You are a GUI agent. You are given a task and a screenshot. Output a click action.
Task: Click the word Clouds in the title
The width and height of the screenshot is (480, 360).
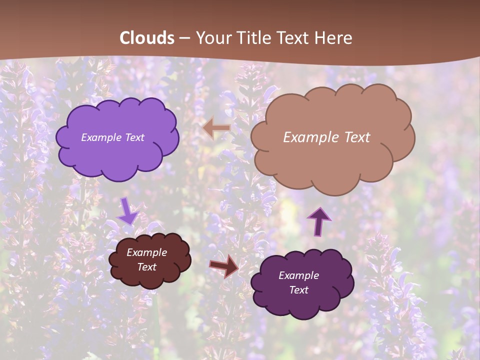tap(147, 38)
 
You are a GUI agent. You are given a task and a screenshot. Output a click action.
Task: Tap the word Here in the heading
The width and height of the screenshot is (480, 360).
tap(333, 38)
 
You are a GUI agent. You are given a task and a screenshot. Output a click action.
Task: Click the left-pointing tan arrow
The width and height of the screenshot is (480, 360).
tap(217, 128)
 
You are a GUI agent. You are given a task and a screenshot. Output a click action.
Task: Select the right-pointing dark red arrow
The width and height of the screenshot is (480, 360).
tap(224, 266)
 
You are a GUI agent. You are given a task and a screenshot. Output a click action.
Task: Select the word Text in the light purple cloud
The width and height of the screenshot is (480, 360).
tap(134, 137)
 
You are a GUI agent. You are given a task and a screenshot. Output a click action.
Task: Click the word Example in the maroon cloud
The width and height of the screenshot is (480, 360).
tap(146, 252)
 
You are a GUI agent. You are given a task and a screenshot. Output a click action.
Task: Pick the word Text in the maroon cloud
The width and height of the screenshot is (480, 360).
tap(147, 267)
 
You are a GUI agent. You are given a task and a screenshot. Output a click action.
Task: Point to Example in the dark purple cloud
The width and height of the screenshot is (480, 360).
tap(298, 275)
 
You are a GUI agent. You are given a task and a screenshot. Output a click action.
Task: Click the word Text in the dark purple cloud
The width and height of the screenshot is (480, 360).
tap(298, 290)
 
